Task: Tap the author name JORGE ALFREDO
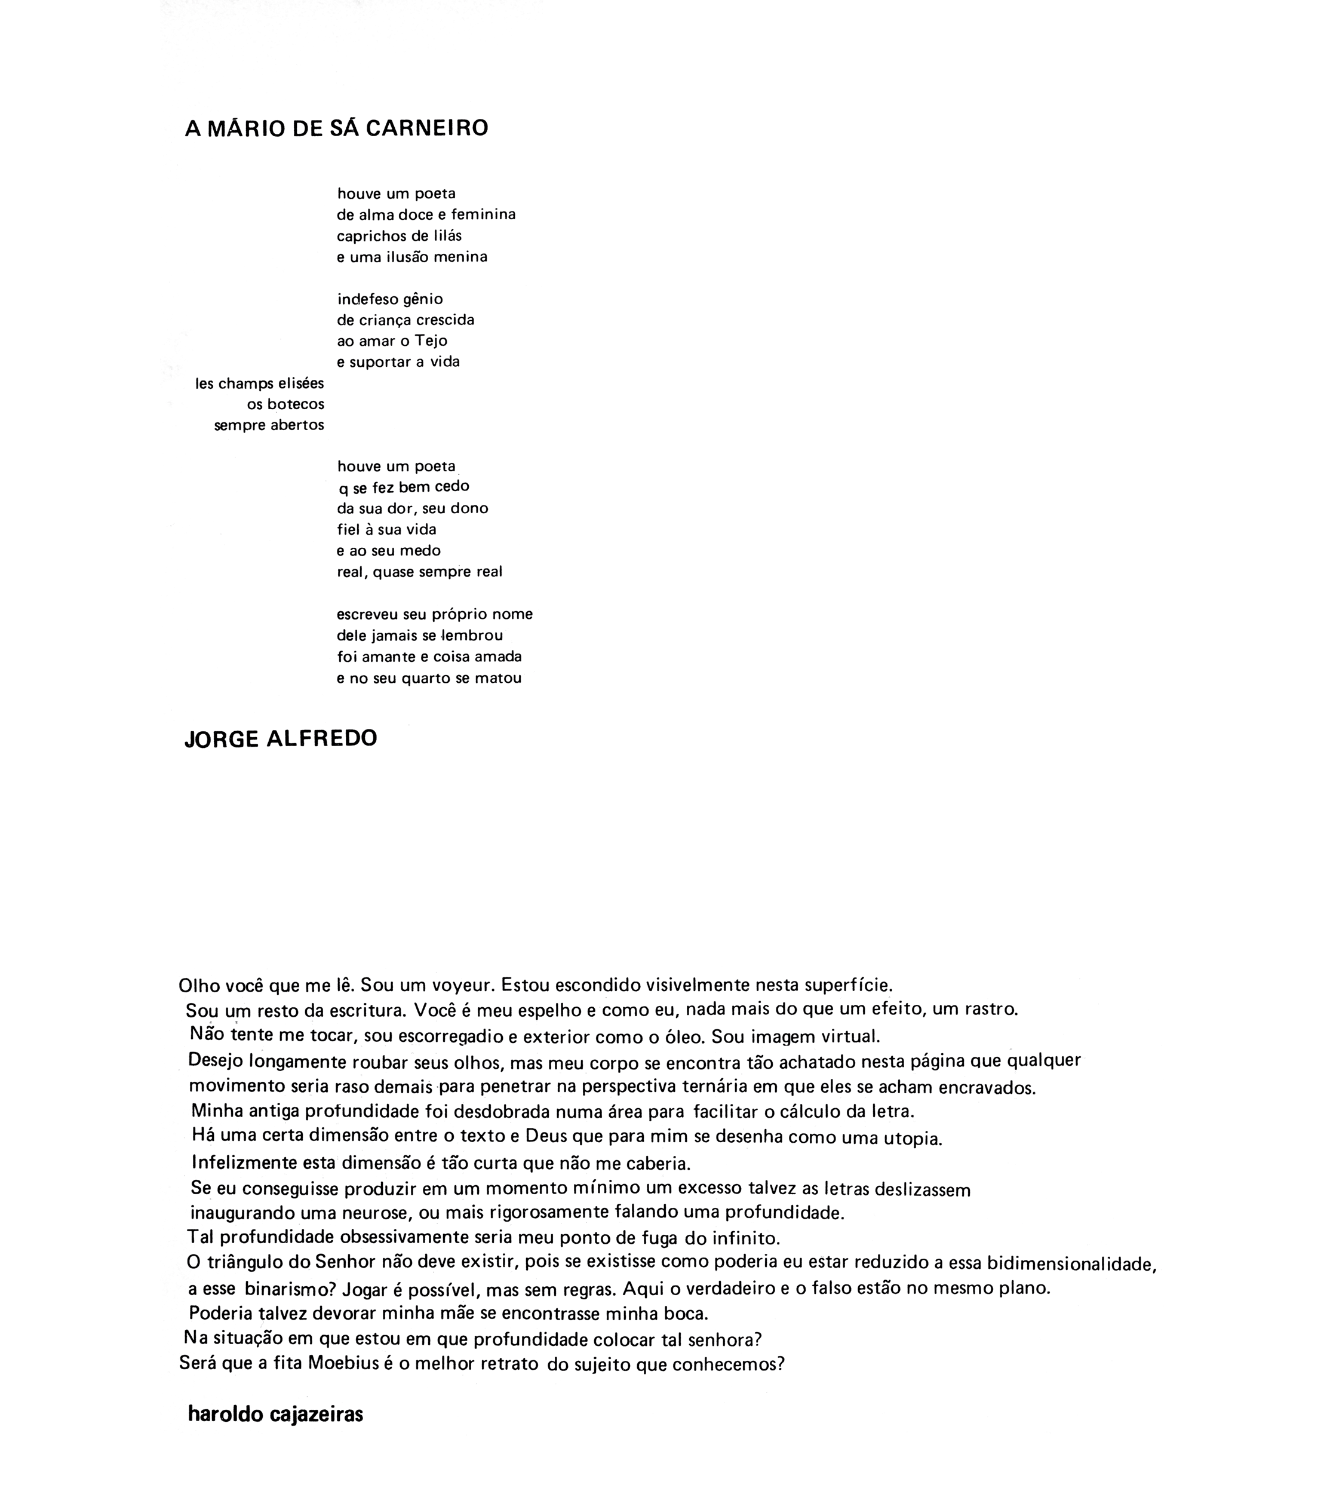281,739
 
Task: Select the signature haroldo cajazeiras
275,1415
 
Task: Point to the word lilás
446,236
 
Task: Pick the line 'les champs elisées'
259,383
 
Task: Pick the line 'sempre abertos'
269,425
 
